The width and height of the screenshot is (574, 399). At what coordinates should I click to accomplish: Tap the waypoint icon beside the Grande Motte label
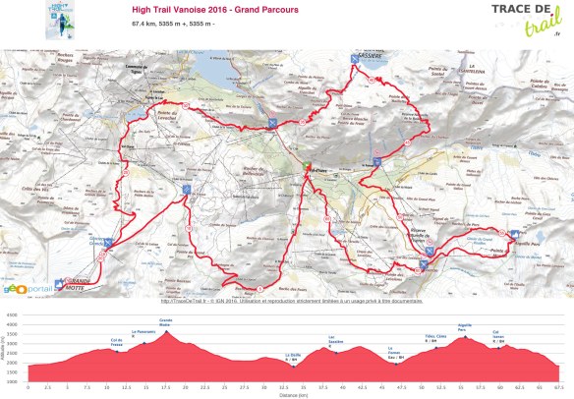pyautogui.click(x=59, y=283)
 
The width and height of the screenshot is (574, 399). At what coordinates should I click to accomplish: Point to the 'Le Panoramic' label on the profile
pyautogui.click(x=143, y=332)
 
